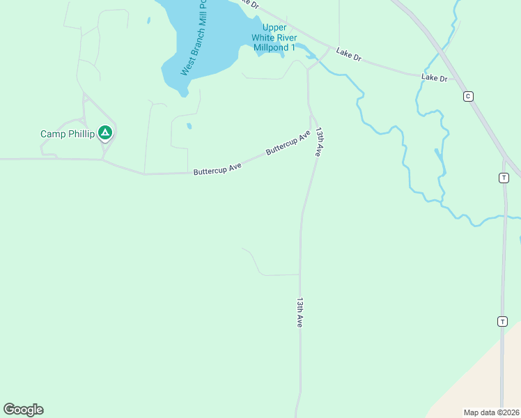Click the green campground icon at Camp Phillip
click(105, 132)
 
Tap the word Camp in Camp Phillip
click(53, 134)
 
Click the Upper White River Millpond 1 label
click(274, 38)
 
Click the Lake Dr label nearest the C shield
click(434, 78)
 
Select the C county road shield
click(468, 96)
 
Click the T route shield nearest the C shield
click(504, 178)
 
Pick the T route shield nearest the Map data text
click(502, 321)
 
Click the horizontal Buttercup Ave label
click(217, 168)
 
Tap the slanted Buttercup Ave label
click(287, 143)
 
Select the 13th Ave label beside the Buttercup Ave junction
click(319, 141)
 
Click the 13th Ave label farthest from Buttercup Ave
click(300, 313)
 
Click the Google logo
click(23, 410)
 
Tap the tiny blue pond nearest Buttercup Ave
click(189, 127)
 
